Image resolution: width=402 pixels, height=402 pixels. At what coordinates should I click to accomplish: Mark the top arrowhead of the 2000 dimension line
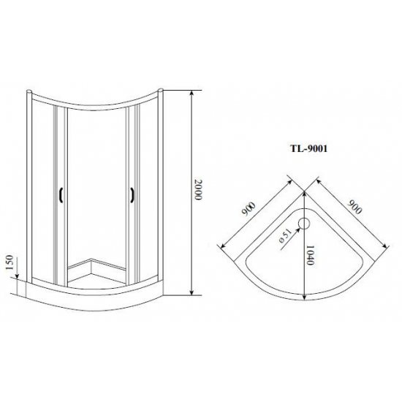(x=192, y=94)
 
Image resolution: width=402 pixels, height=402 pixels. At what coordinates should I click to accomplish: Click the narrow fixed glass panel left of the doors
(x=43, y=190)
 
